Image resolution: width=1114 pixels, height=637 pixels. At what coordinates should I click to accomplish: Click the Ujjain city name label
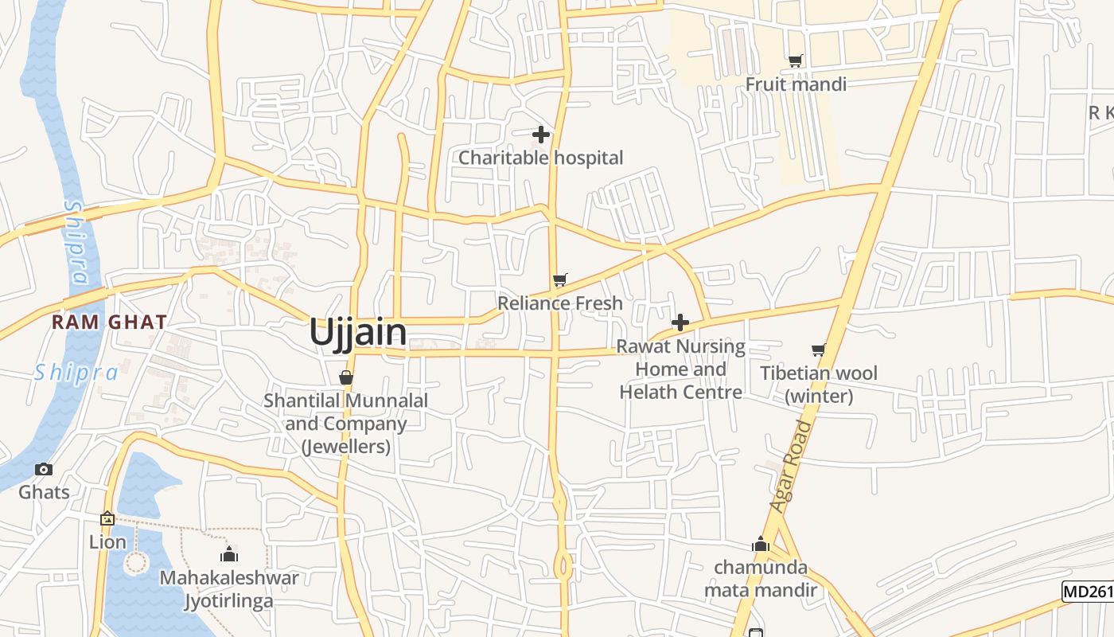point(358,332)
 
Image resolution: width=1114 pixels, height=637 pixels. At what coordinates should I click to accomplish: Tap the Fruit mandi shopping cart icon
point(795,61)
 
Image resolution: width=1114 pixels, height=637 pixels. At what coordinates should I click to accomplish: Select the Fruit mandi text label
point(796,84)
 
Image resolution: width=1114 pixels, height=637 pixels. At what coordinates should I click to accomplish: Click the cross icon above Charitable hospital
point(541,135)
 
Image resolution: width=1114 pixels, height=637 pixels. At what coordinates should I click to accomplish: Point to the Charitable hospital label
point(541,158)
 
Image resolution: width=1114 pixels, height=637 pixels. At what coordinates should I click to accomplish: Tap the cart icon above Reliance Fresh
point(560,279)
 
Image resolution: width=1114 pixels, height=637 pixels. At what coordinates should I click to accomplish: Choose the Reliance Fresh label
point(560,303)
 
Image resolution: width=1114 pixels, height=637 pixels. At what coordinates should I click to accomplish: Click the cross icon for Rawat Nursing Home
point(680,322)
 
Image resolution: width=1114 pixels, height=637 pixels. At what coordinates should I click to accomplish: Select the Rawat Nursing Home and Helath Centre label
point(681,369)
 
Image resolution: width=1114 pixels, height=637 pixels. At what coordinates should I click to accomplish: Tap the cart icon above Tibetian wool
point(818,350)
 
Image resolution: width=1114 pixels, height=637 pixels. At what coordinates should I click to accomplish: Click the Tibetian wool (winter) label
point(819,385)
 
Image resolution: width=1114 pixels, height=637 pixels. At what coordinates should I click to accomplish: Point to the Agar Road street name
point(793,467)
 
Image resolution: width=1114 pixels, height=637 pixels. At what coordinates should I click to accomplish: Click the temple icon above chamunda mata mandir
point(761,545)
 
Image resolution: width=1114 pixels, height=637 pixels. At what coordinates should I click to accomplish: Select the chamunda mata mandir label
point(761,579)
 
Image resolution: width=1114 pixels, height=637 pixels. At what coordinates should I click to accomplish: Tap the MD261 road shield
point(1088,592)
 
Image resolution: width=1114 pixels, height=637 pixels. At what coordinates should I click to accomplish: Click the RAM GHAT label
point(110,322)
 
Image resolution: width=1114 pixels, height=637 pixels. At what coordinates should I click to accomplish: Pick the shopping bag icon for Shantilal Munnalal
point(346,377)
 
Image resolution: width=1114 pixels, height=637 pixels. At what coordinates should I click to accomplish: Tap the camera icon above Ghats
point(45,469)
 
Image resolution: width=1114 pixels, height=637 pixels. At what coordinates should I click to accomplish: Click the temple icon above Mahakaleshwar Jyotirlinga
point(230,554)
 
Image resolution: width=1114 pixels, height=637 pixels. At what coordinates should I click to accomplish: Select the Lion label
point(107,542)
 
